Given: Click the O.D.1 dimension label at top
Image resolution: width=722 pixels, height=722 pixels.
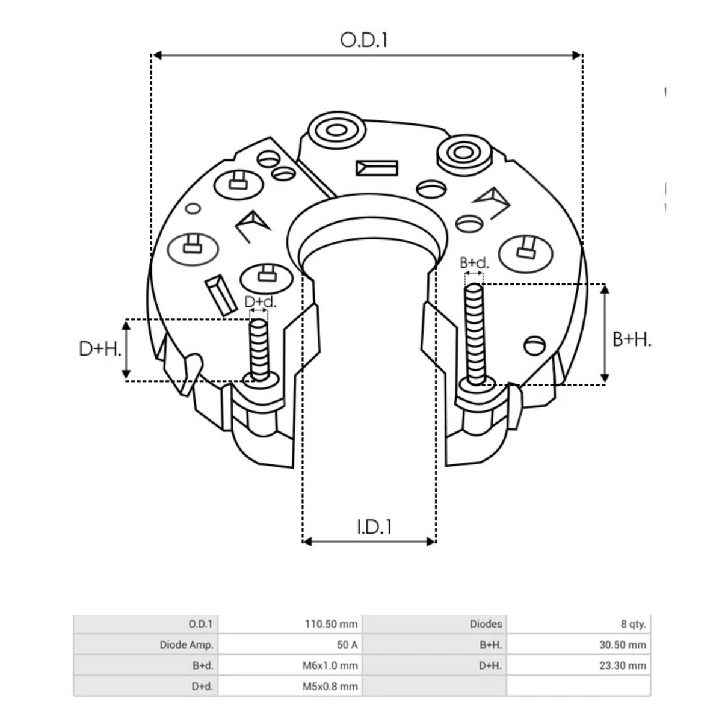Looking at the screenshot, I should [364, 40].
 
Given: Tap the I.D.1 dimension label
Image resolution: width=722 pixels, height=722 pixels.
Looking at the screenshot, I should [374, 526].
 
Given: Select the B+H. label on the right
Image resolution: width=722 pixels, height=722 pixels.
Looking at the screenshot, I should [632, 339].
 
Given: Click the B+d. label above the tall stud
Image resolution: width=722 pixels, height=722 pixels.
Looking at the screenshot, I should [475, 263].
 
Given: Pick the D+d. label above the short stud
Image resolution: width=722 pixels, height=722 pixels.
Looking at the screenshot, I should [261, 302].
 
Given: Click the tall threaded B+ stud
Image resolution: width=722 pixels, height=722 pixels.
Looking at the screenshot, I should [475, 334].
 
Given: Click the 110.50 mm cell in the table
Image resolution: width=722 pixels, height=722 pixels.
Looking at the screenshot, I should [332, 624].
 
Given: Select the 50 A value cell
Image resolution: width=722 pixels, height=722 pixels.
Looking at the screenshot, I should [347, 645].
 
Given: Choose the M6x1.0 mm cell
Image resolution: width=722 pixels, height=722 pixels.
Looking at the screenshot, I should [330, 665].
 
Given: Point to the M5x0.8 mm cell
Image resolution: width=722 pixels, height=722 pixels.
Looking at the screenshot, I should [330, 686].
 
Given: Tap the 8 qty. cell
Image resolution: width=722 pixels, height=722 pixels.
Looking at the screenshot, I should [633, 624].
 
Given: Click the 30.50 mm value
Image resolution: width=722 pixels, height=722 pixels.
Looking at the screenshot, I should [622, 645].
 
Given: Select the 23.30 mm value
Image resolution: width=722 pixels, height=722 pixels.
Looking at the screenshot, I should [622, 665].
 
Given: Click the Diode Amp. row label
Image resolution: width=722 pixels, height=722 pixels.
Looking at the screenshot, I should [187, 645].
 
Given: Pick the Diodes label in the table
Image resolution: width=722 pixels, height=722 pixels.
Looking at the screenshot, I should [486, 624].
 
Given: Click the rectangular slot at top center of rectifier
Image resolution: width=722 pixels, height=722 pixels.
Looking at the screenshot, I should [377, 168].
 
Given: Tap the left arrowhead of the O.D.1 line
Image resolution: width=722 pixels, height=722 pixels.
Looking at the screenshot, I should [155, 55].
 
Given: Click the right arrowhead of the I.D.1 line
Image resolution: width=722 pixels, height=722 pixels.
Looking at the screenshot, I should [431, 541].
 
